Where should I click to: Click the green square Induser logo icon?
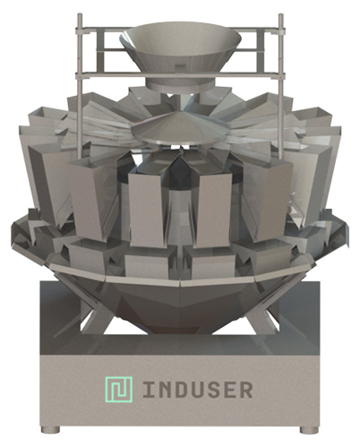pos(118,389)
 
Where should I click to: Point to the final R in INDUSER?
pos(246,390)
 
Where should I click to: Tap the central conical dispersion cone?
pos(181,127)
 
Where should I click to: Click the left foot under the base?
pos(50,429)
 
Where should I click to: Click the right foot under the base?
pos(310,429)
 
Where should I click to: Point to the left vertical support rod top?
pos(80,15)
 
